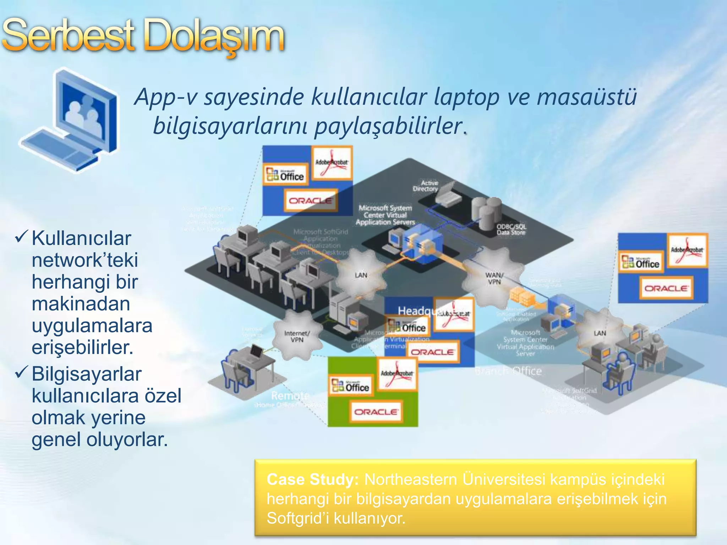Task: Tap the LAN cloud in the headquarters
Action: pos(361,275)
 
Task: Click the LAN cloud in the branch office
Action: pos(600,333)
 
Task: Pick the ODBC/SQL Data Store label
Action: pos(511,229)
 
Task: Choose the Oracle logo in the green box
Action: pos(376,412)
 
